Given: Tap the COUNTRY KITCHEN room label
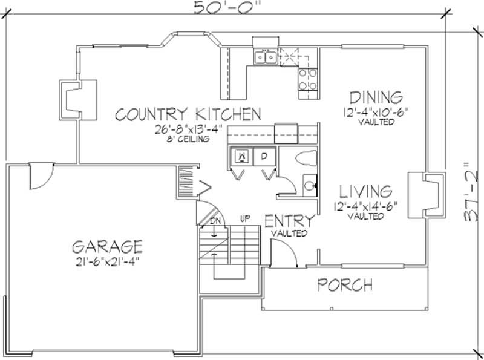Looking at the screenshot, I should pyautogui.click(x=188, y=114).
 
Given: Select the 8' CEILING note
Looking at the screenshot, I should pyautogui.click(x=188, y=139).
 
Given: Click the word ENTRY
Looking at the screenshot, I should pyautogui.click(x=289, y=221).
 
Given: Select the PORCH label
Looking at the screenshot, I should pyautogui.click(x=345, y=284).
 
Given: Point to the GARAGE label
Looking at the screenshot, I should pyautogui.click(x=107, y=247).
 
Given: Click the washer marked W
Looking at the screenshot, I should pyautogui.click(x=242, y=155).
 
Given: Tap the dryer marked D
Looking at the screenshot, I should pyautogui.click(x=264, y=155).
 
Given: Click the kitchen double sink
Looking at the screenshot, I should pyautogui.click(x=266, y=57).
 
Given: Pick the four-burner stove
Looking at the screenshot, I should pyautogui.click(x=308, y=79).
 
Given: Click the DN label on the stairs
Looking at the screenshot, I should pyautogui.click(x=215, y=221).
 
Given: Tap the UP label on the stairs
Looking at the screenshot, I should pyautogui.click(x=244, y=218).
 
